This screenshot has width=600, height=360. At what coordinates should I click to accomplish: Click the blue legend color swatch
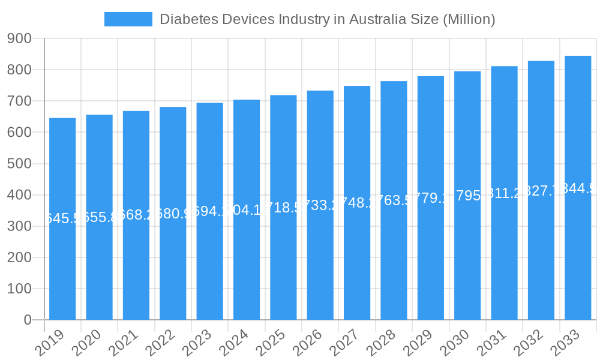point(128,19)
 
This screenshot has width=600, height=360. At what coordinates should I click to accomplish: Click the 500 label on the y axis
point(19,164)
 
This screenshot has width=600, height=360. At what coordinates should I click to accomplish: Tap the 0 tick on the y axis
point(28,320)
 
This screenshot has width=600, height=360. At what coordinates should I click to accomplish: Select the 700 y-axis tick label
point(19,101)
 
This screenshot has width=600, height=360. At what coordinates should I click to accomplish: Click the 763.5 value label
point(394,200)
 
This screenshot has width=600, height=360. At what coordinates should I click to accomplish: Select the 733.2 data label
point(320,205)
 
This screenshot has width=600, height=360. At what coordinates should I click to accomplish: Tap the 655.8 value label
point(99,217)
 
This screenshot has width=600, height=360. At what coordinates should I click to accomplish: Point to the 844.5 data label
point(578,188)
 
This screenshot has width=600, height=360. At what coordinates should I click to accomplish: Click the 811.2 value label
point(504,193)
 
